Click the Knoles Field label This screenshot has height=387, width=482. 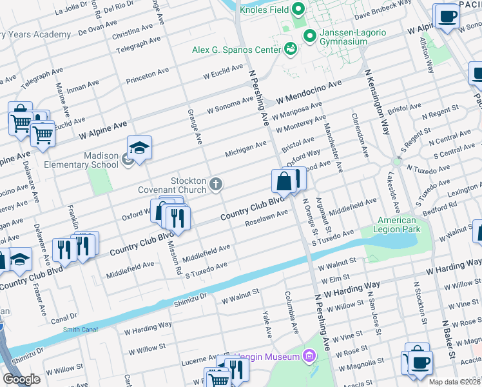click(x=265, y=10)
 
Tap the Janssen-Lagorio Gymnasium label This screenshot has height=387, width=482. click(x=343, y=37)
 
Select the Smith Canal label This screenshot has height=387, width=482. click(x=80, y=330)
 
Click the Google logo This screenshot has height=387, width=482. click(x=21, y=379)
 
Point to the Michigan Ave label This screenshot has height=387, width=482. click(x=246, y=150)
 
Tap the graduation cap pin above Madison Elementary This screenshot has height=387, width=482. click(x=139, y=148)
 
